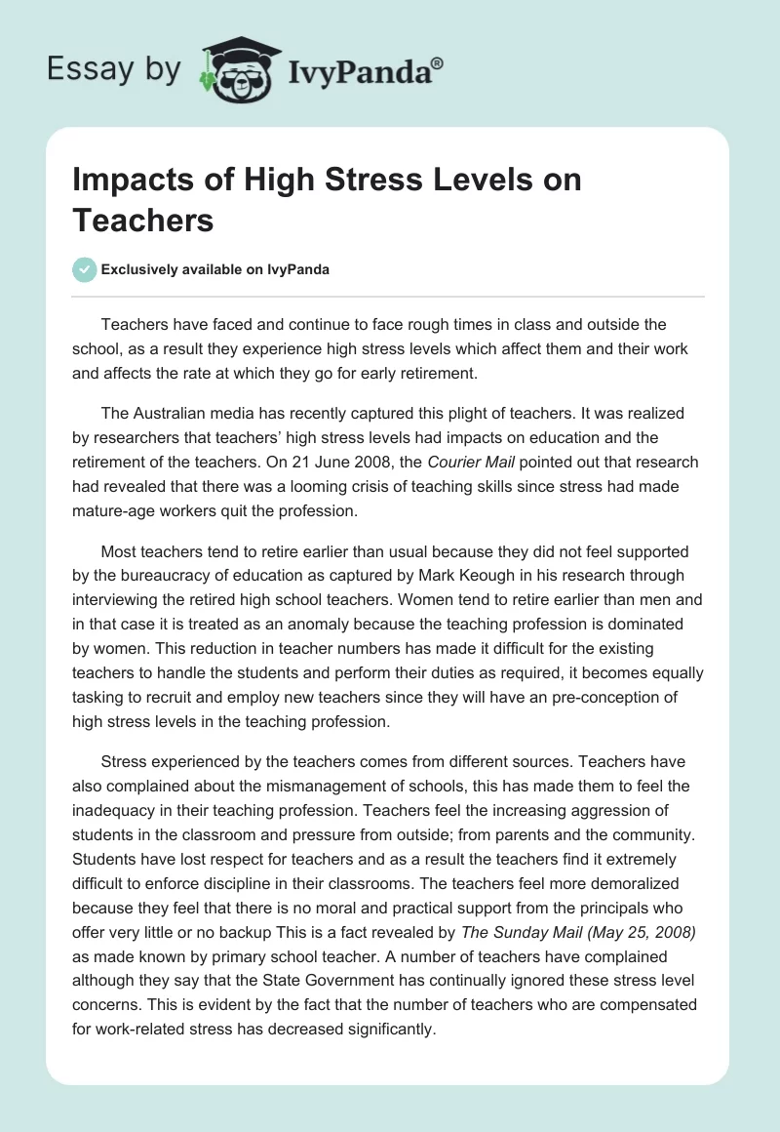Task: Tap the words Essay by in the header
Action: coord(114,70)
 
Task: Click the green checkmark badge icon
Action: coord(85,270)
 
